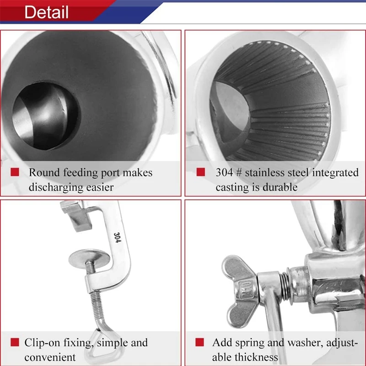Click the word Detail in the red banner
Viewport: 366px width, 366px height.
[x=46, y=12]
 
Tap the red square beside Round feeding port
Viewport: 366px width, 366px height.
[x=15, y=172]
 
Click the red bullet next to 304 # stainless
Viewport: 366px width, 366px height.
[x=200, y=172]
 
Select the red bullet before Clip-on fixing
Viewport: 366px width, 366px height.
[x=15, y=342]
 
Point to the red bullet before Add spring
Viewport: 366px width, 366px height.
[x=200, y=342]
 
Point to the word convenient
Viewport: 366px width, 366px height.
[x=50, y=357]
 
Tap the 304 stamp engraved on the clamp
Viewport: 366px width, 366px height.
[x=117, y=237]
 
